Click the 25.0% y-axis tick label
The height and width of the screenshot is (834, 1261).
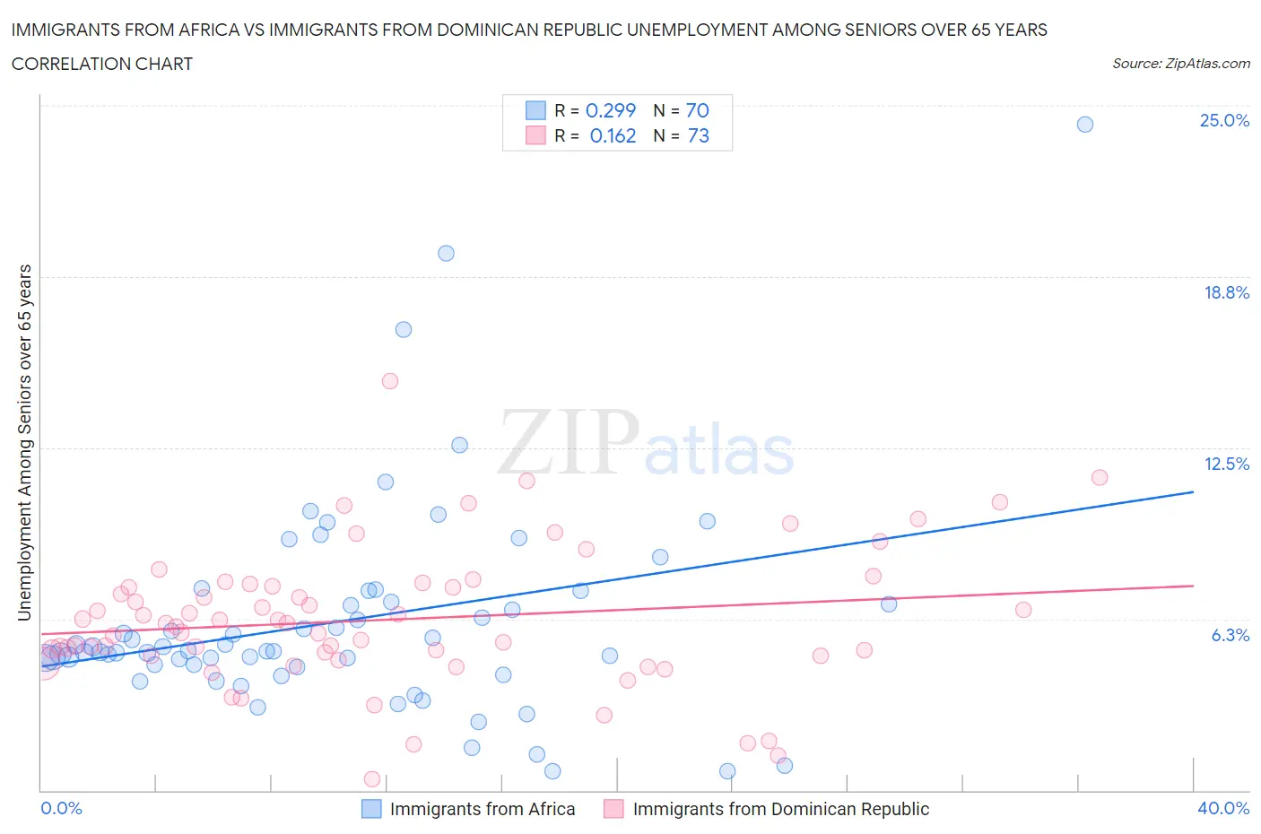pos(1224,120)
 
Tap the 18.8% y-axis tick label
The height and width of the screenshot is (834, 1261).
pos(1226,292)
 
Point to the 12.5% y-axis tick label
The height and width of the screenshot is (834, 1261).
pos(1226,464)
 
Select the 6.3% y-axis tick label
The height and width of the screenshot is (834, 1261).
pos(1230,635)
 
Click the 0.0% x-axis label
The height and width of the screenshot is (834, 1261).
pos(61,808)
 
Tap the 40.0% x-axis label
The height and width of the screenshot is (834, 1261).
pos(1223,808)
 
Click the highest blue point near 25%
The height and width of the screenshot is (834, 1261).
pos(1084,125)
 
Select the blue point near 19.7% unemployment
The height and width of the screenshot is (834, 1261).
pos(446,253)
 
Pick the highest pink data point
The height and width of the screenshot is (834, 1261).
pos(390,381)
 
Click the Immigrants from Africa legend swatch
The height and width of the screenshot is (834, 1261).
pos(371,809)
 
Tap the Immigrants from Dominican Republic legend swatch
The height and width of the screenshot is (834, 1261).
pos(613,809)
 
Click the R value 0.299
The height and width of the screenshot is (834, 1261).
pos(610,110)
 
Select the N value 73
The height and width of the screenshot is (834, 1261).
pos(698,135)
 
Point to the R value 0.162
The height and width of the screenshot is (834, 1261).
pos(613,135)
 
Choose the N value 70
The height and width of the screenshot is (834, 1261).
pos(697,110)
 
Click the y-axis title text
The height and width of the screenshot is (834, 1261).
pos(24,443)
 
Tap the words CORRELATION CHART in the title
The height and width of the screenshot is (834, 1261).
pos(102,64)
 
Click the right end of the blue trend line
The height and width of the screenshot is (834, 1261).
pos(1193,491)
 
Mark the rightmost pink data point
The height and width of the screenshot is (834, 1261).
pos(1100,477)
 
